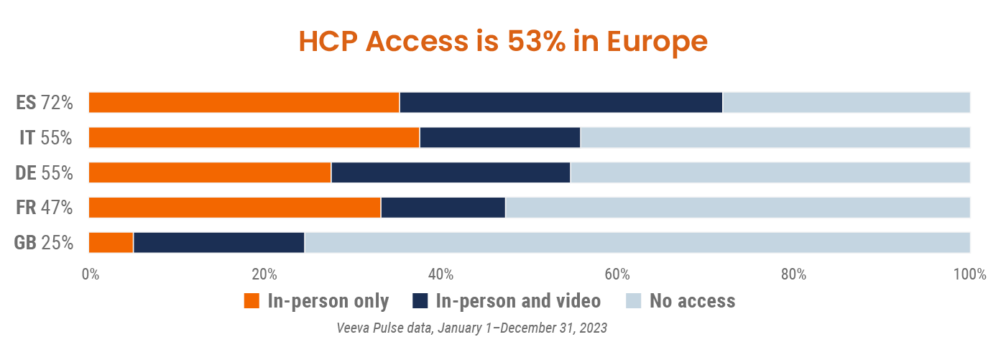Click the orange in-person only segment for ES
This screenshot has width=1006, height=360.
[x=244, y=103]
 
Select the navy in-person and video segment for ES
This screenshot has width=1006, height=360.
[x=560, y=103]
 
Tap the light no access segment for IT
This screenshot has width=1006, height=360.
[x=775, y=137]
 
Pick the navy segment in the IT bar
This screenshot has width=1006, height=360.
[x=499, y=137]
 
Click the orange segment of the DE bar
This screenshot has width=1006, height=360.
[x=210, y=172]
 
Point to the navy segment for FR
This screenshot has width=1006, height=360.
[x=443, y=208]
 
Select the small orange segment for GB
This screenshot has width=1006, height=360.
[x=111, y=243]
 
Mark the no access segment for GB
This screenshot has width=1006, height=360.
[x=637, y=243]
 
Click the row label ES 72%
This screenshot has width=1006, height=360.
[x=45, y=103]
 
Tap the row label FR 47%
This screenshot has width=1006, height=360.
[x=45, y=208]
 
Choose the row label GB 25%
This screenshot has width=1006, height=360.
[x=44, y=243]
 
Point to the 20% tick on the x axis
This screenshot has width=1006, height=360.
[x=264, y=274]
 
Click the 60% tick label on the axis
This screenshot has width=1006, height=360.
[x=617, y=274]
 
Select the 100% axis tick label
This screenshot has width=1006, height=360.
[x=969, y=274]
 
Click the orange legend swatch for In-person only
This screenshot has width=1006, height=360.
[x=251, y=300]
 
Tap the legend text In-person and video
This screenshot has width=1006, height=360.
[x=518, y=300]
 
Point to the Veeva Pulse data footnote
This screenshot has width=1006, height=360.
[x=472, y=328]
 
